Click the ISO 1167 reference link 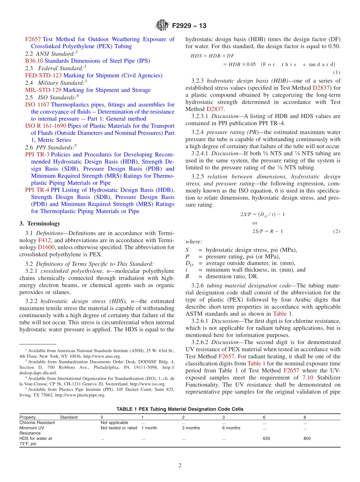click(37, 105)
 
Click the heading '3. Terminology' click(39, 224)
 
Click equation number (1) click(336, 72)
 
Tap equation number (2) click(336, 231)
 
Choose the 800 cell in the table click(307, 438)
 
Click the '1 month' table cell click(149, 428)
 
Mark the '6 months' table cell click(231, 428)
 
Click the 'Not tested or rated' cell click(119, 428)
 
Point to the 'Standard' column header click(69, 417)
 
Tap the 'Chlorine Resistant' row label click(37, 423)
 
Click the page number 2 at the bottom click(180, 466)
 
